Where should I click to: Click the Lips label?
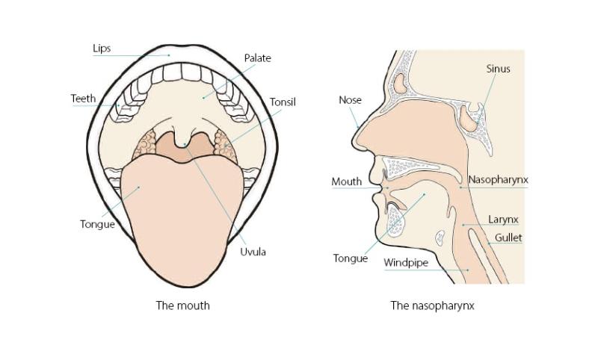point(102,49)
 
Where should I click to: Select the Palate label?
point(257,58)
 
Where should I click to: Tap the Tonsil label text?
point(283,102)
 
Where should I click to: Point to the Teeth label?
point(83,99)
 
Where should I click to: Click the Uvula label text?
point(253,252)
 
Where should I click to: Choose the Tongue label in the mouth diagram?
point(97,224)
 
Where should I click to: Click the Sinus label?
point(498,69)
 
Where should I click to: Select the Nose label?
point(350,100)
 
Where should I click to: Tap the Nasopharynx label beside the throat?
point(498,180)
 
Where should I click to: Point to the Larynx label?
point(503,220)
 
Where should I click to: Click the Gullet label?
point(508,238)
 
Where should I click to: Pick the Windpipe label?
point(406,263)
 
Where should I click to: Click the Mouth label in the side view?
point(346,181)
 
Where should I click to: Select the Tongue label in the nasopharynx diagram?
point(351,258)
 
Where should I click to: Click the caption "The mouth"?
point(182,305)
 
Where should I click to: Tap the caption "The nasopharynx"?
point(432,305)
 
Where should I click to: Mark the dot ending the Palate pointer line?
point(203,98)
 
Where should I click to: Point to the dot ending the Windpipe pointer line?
point(469,270)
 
